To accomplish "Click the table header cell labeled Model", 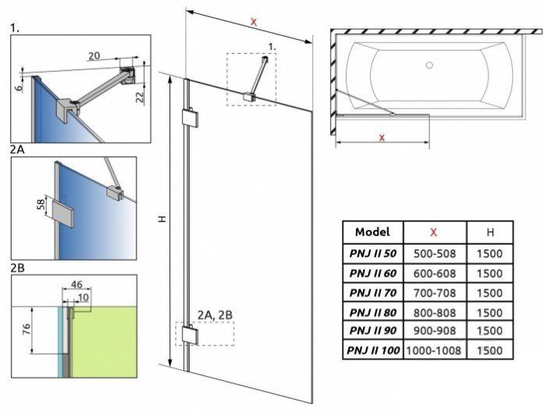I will [x=372, y=232].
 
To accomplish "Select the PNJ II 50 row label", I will [x=372, y=253].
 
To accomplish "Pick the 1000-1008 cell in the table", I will [x=434, y=351].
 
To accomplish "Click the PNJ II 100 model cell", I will [x=372, y=351].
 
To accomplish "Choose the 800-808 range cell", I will [x=434, y=312].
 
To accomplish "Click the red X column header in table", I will [x=434, y=232].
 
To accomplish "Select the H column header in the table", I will [x=489, y=232].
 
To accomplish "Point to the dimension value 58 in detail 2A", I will [x=41, y=206].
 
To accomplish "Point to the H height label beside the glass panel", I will [x=161, y=221].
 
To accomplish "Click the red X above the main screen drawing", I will [x=253, y=22].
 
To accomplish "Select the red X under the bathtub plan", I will [x=382, y=138].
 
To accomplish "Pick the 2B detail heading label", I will [x=17, y=267].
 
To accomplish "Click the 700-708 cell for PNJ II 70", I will [x=434, y=292].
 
